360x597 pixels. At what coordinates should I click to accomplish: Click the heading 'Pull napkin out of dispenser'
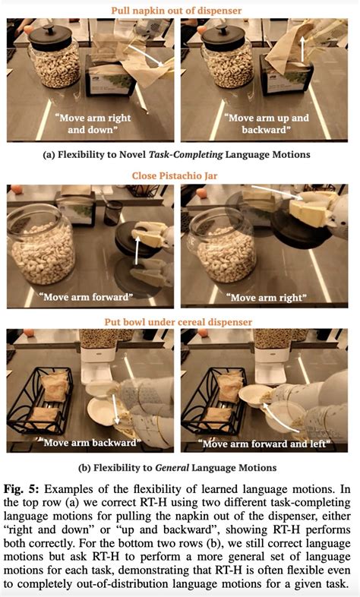point(176,11)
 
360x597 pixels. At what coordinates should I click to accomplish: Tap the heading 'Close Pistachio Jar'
point(175,176)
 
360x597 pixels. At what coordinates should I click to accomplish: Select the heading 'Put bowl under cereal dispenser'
point(178,322)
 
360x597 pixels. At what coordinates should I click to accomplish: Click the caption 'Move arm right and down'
point(93,124)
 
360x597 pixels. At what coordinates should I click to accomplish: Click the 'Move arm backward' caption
point(90,442)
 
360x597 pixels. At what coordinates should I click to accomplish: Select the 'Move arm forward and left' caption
point(264,444)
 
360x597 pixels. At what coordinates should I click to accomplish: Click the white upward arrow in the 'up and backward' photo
point(304,49)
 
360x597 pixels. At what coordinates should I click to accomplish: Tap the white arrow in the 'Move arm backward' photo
point(115,409)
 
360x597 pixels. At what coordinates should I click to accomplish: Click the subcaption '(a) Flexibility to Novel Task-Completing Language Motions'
point(176,155)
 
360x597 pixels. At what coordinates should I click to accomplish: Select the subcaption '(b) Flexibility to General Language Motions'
point(177,468)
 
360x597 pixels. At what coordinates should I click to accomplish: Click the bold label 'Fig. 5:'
point(22,489)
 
